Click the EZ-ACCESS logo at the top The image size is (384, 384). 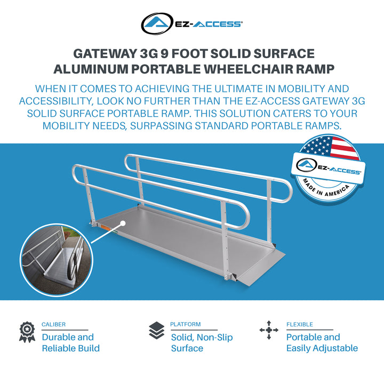coord(192,23)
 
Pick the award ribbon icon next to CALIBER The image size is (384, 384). coord(27,331)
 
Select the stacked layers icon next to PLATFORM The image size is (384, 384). coord(156,331)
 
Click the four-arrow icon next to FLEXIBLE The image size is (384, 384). coord(269,330)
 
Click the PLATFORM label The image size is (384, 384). coord(186,324)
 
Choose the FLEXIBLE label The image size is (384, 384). coord(300,324)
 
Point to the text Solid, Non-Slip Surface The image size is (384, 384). coord(202,342)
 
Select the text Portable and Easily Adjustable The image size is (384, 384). coord(322,342)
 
